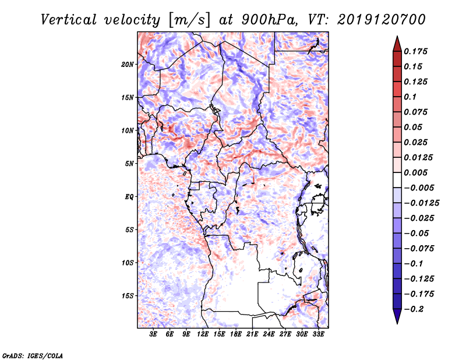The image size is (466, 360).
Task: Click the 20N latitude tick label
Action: click(x=128, y=64)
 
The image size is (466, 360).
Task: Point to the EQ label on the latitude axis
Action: click(x=129, y=197)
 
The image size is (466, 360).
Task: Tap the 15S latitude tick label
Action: click(x=128, y=296)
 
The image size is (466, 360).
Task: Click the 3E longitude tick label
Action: click(x=154, y=334)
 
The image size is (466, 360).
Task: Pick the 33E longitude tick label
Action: click(x=318, y=334)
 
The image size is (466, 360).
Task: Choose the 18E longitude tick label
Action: click(x=236, y=334)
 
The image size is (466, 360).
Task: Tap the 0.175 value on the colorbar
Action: click(x=417, y=51)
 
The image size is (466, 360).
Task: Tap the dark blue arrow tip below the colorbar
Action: click(x=397, y=319)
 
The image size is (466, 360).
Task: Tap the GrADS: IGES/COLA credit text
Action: click(x=25, y=355)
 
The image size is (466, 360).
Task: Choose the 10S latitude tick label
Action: click(x=128, y=263)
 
